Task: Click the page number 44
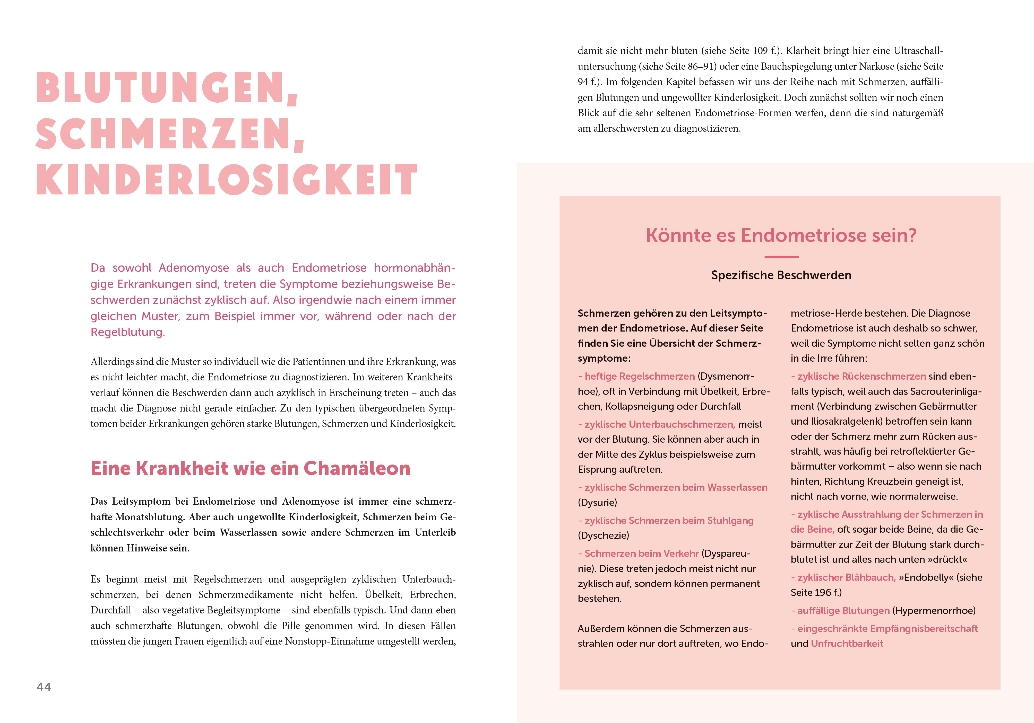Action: pos(44,686)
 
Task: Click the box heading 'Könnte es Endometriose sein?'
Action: pos(781,235)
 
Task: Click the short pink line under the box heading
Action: pos(781,257)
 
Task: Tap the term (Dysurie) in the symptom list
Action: pos(597,503)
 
